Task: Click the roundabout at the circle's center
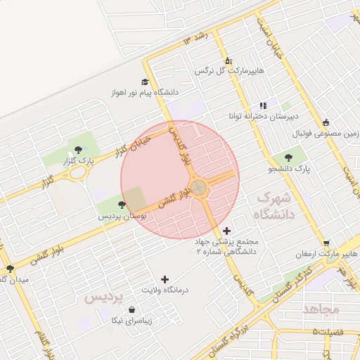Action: [199, 188]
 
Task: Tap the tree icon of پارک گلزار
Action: [77, 150]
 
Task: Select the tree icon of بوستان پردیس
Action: [122, 205]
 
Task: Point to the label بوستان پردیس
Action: [122, 217]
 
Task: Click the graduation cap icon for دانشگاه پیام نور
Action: [145, 82]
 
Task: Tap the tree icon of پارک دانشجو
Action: [289, 157]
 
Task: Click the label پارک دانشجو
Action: [289, 169]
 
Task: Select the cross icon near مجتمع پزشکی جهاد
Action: [226, 230]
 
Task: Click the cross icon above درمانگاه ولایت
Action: [165, 279]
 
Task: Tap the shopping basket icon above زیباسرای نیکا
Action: [133, 309]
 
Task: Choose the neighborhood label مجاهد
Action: [321, 309]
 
